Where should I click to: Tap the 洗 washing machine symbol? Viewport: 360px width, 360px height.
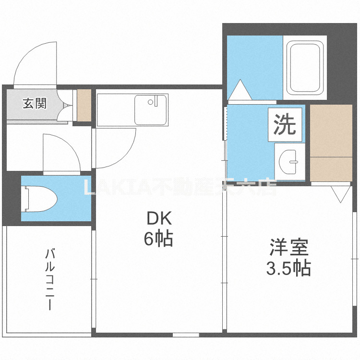tap(285, 125)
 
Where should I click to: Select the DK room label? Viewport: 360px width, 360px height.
tap(158, 219)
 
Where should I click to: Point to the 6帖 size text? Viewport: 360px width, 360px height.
tap(158, 239)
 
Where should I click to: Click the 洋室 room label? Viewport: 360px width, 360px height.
tap(288, 248)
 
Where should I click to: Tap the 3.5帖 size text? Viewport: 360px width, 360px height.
tap(288, 268)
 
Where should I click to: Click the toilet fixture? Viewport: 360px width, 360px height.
tap(40, 198)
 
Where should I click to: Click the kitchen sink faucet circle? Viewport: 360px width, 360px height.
tap(150, 102)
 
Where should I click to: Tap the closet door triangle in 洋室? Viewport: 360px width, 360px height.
tap(341, 193)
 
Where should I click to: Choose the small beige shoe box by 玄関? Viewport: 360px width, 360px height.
tap(84, 105)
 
